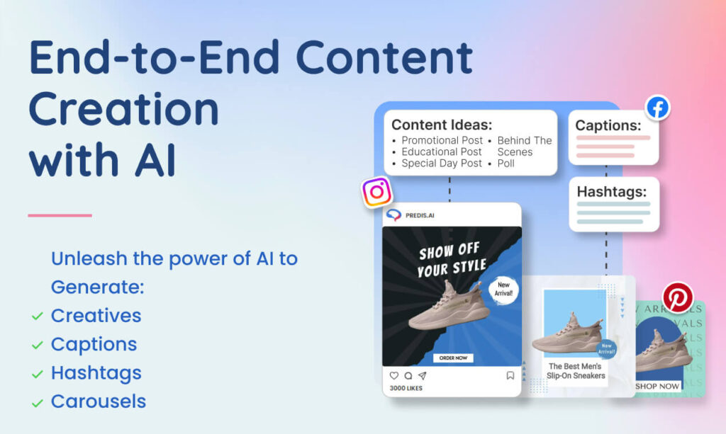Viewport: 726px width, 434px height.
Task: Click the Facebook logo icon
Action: click(x=657, y=108)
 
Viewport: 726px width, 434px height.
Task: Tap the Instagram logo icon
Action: click(x=376, y=192)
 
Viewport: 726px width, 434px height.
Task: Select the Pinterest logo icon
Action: click(x=677, y=297)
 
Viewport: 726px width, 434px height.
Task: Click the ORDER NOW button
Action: click(x=452, y=358)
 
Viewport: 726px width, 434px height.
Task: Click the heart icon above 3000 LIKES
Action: click(x=394, y=376)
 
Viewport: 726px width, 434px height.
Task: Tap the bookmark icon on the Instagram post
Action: click(x=510, y=376)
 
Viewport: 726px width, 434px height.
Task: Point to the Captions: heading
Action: click(x=608, y=125)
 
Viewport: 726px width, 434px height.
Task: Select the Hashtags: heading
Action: click(x=611, y=192)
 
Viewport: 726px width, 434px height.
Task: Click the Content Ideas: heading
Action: click(x=441, y=124)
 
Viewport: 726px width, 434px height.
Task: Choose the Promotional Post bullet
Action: click(x=442, y=140)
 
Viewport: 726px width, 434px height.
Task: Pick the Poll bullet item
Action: click(x=506, y=164)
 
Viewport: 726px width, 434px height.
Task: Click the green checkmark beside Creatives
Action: click(x=37, y=316)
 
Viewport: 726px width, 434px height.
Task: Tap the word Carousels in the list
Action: click(x=98, y=401)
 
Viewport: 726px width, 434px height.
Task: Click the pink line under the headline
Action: click(x=60, y=215)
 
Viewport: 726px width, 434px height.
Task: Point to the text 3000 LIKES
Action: click(x=406, y=388)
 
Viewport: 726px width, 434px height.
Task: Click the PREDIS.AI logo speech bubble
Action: click(x=393, y=215)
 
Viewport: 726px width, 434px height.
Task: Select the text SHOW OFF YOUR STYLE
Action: click(x=452, y=260)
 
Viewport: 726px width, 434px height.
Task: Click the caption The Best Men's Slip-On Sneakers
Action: click(x=576, y=371)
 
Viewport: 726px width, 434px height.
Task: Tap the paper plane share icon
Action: click(x=422, y=376)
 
